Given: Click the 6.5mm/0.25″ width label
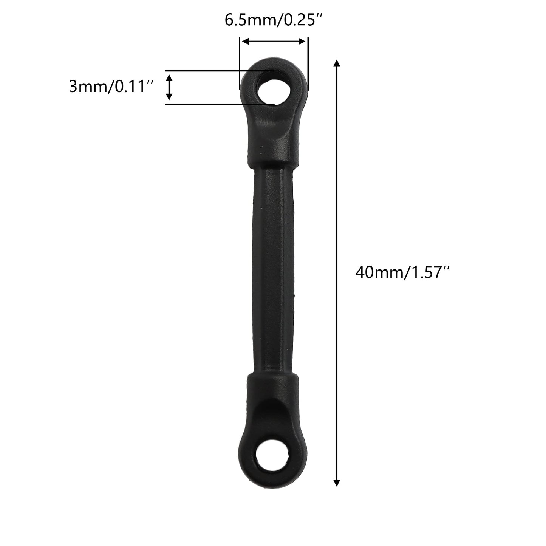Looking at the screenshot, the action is [274, 20].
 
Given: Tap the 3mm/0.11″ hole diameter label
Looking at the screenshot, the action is [111, 86].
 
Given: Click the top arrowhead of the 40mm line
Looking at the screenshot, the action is [336, 63].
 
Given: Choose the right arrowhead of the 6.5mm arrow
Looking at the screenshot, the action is [302, 42].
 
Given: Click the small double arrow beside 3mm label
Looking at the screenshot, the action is [169, 87].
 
